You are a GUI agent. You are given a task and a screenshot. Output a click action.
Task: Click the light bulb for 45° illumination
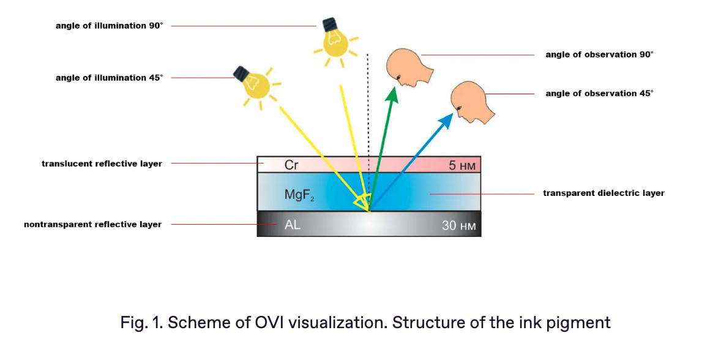tap(256, 86)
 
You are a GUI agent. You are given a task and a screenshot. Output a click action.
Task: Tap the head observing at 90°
tap(408, 67)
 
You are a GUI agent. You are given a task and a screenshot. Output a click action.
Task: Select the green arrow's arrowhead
tap(392, 95)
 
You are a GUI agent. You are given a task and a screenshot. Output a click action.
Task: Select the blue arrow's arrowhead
tap(446, 121)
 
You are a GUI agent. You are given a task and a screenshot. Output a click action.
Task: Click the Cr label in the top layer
tap(291, 165)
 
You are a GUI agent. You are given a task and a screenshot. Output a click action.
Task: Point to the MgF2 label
tap(299, 195)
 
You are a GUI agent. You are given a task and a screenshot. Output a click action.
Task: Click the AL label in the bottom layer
tap(292, 225)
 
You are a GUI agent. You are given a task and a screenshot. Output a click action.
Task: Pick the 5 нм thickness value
tap(462, 166)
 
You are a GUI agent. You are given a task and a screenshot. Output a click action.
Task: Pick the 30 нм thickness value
tap(458, 225)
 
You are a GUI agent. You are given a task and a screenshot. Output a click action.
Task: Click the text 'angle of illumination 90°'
tap(109, 26)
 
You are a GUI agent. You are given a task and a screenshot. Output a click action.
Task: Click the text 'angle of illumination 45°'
tap(109, 78)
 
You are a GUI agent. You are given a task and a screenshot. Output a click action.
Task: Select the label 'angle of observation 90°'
tap(599, 54)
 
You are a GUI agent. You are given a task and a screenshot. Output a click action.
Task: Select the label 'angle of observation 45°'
tap(599, 93)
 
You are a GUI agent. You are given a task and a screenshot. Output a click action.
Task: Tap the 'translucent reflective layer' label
tap(102, 163)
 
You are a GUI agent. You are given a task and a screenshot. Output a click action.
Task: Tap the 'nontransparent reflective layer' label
tap(93, 225)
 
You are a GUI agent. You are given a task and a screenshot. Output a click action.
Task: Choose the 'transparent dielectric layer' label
tap(603, 193)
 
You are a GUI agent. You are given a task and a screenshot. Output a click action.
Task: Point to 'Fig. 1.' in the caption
tap(141, 323)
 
